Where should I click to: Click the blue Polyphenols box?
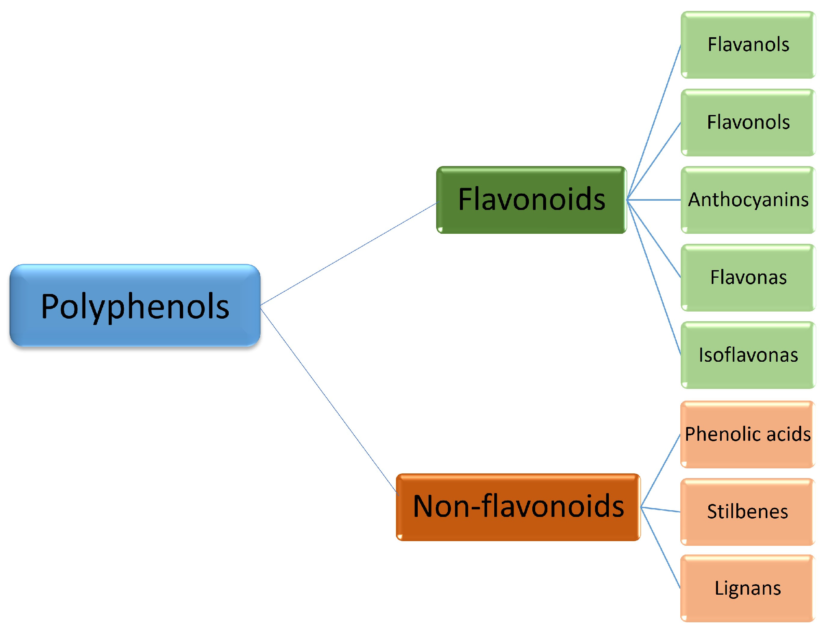coord(135,305)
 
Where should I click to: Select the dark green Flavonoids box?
coord(531,199)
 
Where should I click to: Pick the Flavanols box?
coord(748,45)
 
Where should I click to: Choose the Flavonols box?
coord(748,123)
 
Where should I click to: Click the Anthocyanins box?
coord(748,200)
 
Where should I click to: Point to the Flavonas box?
coord(748,278)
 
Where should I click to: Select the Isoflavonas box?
coord(748,355)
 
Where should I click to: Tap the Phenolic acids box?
coord(747,434)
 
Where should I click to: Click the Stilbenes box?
coord(747,511)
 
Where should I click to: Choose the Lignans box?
coord(747,588)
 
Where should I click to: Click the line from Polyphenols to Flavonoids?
coord(348,254)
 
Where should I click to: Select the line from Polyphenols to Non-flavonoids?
coord(328,400)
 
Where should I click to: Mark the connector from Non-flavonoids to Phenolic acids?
coord(661,470)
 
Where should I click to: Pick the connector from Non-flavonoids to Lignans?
coord(661,548)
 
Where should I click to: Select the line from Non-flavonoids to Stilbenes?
coord(661,509)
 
